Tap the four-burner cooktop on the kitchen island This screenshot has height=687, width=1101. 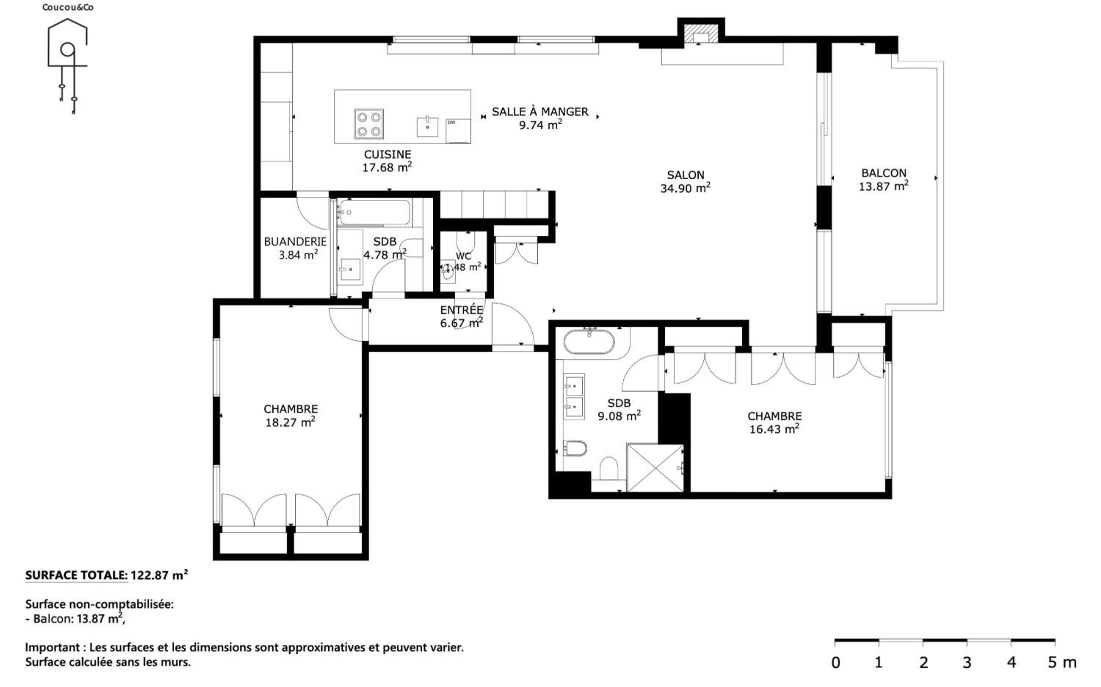369,124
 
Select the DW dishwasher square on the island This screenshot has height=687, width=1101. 458,130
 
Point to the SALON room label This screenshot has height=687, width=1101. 685,175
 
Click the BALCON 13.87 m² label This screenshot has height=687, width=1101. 884,179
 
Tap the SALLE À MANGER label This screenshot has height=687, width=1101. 540,111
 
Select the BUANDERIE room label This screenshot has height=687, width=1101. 295,241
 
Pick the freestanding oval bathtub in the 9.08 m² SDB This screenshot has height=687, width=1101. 589,342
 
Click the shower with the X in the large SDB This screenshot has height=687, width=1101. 655,467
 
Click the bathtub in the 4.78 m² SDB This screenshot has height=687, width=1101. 374,212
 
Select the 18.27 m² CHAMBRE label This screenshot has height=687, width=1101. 290,415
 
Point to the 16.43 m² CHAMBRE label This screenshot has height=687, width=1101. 775,423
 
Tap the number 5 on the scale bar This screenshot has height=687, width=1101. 1052,662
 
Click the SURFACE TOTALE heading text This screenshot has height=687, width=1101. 76,575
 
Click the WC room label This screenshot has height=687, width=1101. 463,256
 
